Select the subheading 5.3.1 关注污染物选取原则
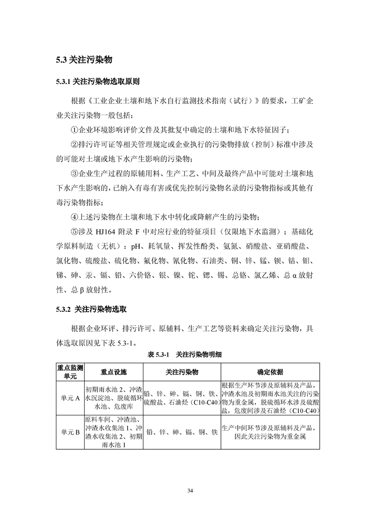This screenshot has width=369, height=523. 97,82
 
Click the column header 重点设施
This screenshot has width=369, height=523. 114,372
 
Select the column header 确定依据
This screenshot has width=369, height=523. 270,372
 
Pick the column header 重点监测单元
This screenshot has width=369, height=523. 70,372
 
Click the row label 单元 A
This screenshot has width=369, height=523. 70,398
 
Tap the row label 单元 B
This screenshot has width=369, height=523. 70,432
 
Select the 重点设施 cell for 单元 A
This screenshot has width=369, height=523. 114,398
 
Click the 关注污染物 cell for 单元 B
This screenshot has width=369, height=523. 182,432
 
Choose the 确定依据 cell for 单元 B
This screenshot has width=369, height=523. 270,432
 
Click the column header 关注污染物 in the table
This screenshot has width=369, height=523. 182,372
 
